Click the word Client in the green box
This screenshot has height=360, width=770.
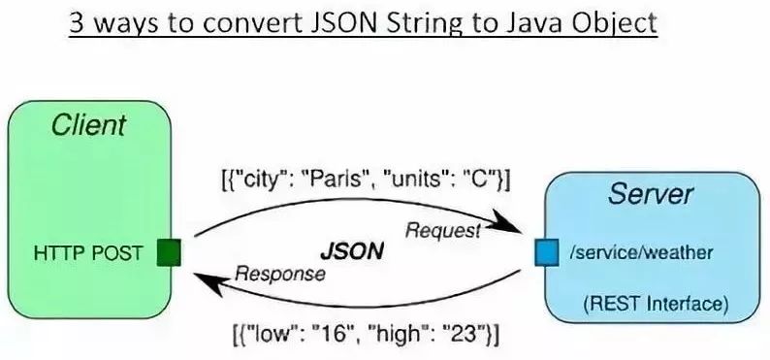[89, 124]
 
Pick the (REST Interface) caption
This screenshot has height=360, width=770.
[655, 304]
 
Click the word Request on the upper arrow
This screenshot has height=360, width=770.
[442, 230]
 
